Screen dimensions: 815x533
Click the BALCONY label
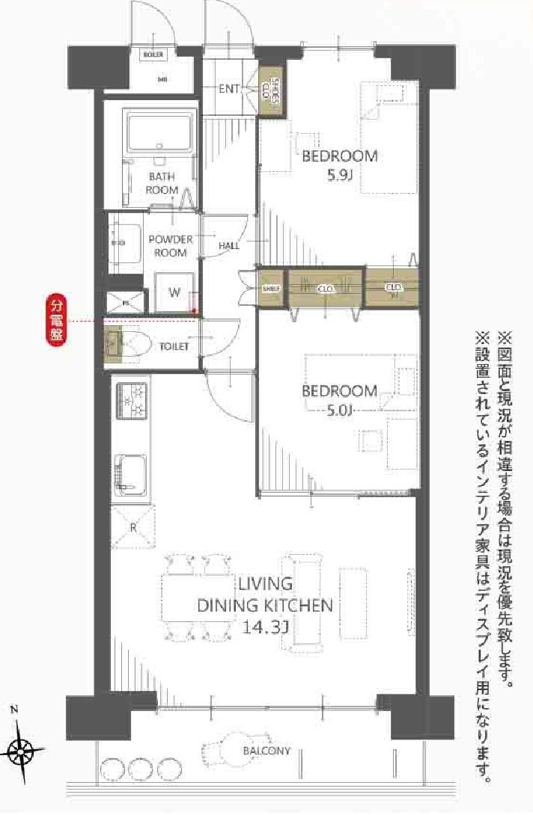pos(266,751)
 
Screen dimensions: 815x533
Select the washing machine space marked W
pos(174,292)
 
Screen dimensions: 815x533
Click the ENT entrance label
pos(229,88)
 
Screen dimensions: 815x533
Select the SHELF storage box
pos(270,288)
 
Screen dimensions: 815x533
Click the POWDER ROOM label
pos(171,245)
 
